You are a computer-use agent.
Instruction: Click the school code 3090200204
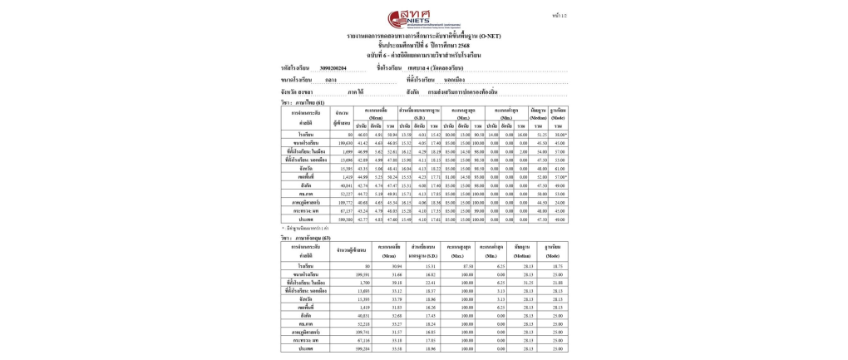point(333,67)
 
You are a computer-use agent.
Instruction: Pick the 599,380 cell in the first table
point(344,219)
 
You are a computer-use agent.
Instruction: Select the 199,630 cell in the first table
point(344,143)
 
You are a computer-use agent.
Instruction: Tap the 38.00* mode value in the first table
point(560,134)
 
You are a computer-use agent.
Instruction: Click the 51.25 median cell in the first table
point(541,134)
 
